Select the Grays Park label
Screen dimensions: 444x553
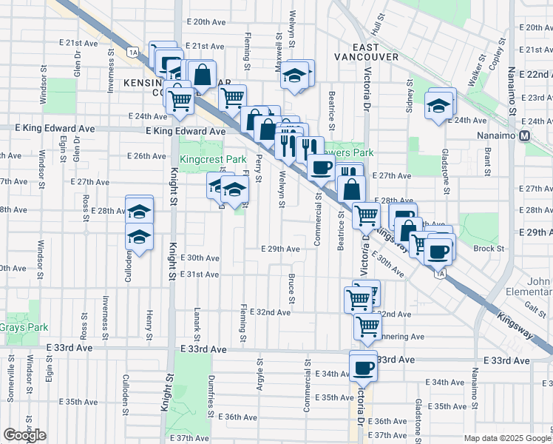click(23, 327)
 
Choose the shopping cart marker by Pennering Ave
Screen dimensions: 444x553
click(367, 326)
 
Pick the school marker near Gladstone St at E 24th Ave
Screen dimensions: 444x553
click(438, 106)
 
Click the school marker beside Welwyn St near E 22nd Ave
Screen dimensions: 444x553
click(295, 75)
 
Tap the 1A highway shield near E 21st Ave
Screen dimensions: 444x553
click(133, 52)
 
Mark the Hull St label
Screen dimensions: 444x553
click(379, 28)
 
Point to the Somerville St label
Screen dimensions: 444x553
click(12, 378)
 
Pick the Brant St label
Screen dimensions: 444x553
click(489, 161)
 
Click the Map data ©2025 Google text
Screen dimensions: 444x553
click(508, 438)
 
